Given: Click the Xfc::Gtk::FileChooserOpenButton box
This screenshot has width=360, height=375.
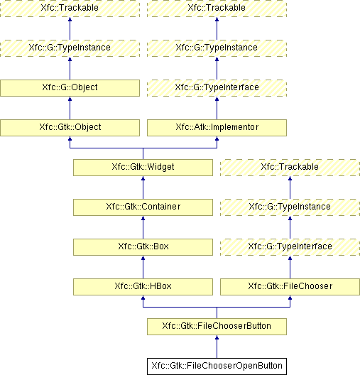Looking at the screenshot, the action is (x=217, y=366).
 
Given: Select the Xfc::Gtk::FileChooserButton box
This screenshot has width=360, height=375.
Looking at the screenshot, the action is (x=217, y=327).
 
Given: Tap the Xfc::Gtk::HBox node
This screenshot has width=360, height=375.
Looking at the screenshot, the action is (x=143, y=287).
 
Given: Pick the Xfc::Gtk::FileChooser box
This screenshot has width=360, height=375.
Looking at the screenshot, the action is (x=290, y=287).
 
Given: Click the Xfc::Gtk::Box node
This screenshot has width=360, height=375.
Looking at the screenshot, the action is (x=143, y=247).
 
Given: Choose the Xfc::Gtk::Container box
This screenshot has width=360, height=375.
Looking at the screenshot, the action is (x=143, y=207).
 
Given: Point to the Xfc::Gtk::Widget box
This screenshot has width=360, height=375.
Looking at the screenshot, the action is (x=143, y=168).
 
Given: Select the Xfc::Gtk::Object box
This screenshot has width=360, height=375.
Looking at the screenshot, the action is (x=70, y=128).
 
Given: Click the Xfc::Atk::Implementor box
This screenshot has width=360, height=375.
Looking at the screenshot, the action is (x=217, y=128).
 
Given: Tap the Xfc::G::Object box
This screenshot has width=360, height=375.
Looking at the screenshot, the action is (x=70, y=88).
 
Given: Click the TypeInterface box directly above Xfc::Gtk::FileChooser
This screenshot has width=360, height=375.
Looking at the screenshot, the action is (x=290, y=247).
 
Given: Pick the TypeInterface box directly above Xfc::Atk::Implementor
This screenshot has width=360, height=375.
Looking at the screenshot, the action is (x=217, y=88).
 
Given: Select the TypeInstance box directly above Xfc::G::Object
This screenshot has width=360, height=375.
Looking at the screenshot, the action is (x=70, y=48).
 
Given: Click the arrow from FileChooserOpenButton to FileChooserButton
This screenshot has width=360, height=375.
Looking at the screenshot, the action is (x=217, y=347).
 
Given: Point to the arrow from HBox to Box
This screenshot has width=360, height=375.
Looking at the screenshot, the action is (x=143, y=267).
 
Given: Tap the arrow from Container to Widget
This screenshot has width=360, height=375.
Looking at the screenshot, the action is (x=143, y=187).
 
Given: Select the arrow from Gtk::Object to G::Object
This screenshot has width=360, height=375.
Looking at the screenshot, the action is (x=70, y=109).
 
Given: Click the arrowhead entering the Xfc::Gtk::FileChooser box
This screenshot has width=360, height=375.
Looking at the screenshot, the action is (x=290, y=298).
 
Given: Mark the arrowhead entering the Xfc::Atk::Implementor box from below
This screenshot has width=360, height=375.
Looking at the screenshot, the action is (x=217, y=138).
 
